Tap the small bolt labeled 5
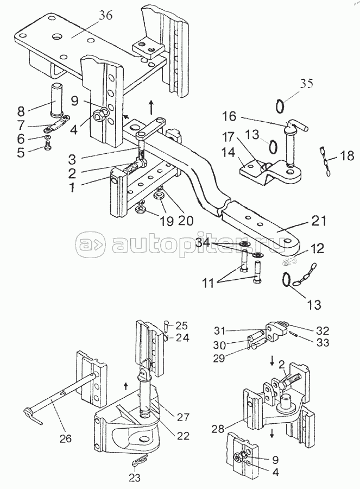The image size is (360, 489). click(x=47, y=145)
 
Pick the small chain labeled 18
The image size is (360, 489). click(x=325, y=161)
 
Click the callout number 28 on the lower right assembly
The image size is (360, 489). click(x=218, y=429)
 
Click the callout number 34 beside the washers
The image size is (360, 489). click(x=203, y=242)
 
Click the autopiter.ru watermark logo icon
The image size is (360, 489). click(x=91, y=242)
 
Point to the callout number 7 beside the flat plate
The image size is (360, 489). click(x=21, y=125)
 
